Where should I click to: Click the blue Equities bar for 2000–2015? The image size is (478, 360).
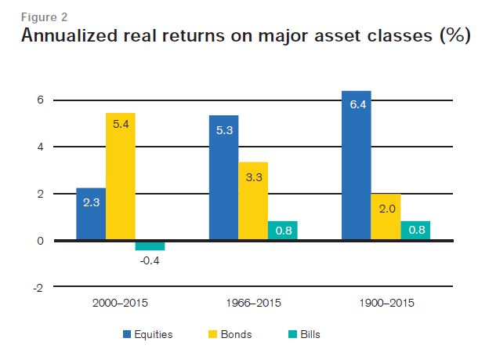[91, 214]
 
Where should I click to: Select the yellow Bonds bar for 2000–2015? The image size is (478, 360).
[121, 176]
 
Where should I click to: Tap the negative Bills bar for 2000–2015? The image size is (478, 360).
[150, 246]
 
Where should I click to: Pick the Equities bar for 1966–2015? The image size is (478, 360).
[224, 177]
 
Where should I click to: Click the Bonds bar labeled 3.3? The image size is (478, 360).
[253, 201]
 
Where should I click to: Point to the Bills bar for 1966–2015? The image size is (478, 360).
[283, 231]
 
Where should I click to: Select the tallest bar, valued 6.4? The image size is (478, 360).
[357, 165]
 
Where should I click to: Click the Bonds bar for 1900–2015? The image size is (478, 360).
[386, 216]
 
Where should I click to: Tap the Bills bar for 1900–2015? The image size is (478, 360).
[415, 231]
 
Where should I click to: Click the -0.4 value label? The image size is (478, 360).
[150, 261]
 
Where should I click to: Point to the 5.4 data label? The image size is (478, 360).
[121, 124]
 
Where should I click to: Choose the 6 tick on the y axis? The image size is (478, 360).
[41, 100]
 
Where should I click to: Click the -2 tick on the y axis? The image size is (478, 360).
[38, 288]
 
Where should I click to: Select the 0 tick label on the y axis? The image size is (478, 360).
[41, 241]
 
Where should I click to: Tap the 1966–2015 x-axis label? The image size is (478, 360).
[253, 303]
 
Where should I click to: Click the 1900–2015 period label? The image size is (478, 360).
[386, 303]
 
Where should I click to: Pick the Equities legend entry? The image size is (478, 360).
[147, 334]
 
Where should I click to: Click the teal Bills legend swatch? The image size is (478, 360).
[292, 334]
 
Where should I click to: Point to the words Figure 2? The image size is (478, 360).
[44, 17]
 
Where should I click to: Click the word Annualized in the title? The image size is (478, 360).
[70, 35]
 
